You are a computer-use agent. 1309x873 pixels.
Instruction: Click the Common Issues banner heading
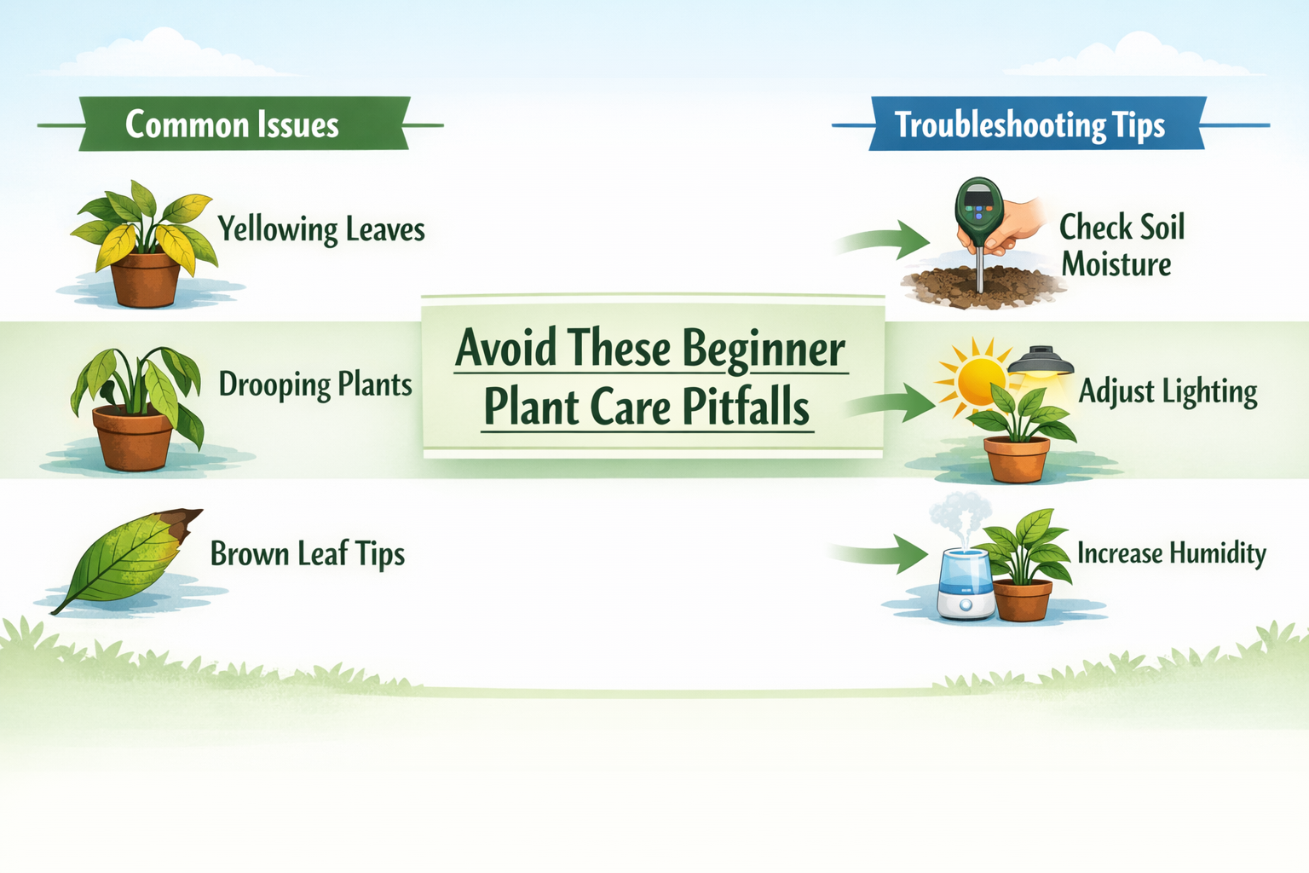[x=232, y=124]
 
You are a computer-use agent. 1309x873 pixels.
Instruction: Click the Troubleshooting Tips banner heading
[x=1029, y=124]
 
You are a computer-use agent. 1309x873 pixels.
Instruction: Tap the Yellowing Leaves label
[x=320, y=229]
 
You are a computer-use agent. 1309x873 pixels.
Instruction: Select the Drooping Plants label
[x=315, y=384]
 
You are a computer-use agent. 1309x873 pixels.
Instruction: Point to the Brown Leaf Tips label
[x=307, y=554]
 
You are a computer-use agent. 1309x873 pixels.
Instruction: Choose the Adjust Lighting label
[x=1168, y=391]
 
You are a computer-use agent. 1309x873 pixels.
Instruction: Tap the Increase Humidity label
[x=1171, y=553]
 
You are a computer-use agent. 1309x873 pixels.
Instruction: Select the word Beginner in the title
[x=763, y=349]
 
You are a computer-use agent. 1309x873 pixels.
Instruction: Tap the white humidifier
[x=966, y=585]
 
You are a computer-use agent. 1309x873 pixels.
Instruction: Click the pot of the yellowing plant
[x=146, y=280]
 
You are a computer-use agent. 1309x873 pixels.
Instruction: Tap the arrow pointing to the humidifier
[x=883, y=554]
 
